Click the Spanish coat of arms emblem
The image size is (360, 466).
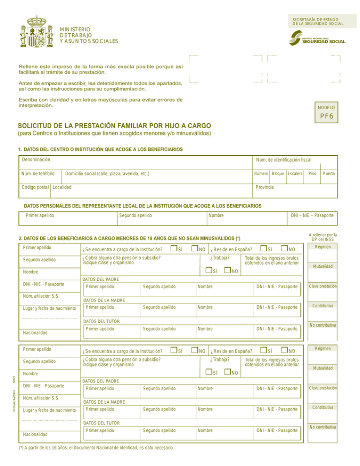point(35,32)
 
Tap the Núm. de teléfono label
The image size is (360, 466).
point(39,174)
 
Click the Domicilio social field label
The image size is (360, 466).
point(107,174)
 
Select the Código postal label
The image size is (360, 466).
point(35,187)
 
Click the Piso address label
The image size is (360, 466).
point(313,174)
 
